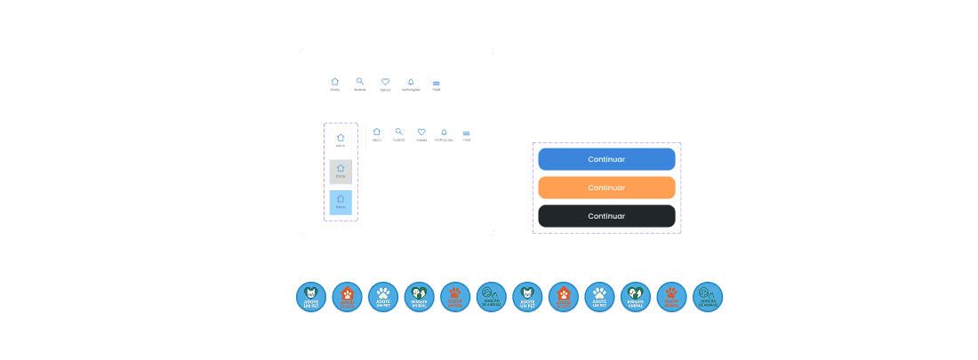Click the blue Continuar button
(x=606, y=159)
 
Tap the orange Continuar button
(x=606, y=188)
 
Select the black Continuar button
(x=606, y=216)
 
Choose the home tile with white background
(x=341, y=140)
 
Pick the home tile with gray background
(x=341, y=172)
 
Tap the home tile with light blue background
(x=341, y=202)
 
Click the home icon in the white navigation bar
(x=377, y=132)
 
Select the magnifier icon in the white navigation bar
(x=399, y=132)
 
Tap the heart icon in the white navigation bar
(x=421, y=132)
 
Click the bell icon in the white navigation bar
(x=444, y=132)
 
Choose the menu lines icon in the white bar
(x=467, y=133)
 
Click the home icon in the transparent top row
(x=335, y=83)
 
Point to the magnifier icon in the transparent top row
(x=360, y=83)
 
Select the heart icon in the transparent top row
(x=386, y=83)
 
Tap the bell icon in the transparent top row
(x=411, y=83)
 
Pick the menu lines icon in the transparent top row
(x=437, y=84)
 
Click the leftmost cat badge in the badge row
(x=311, y=297)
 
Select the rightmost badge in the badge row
(x=708, y=297)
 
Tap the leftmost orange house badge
(x=348, y=297)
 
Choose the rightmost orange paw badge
(x=671, y=297)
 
